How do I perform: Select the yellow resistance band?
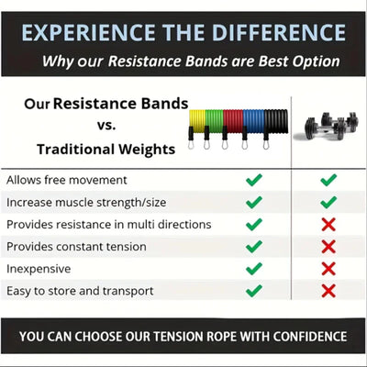[199, 119]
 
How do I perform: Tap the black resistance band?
[275, 119]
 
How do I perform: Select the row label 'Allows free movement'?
[67, 180]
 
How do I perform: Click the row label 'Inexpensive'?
[39, 268]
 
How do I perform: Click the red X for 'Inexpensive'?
[328, 268]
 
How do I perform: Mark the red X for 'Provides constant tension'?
[328, 246]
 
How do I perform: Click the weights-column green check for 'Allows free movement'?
[328, 180]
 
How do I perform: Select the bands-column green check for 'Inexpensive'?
[254, 268]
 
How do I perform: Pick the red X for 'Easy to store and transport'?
[328, 290]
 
